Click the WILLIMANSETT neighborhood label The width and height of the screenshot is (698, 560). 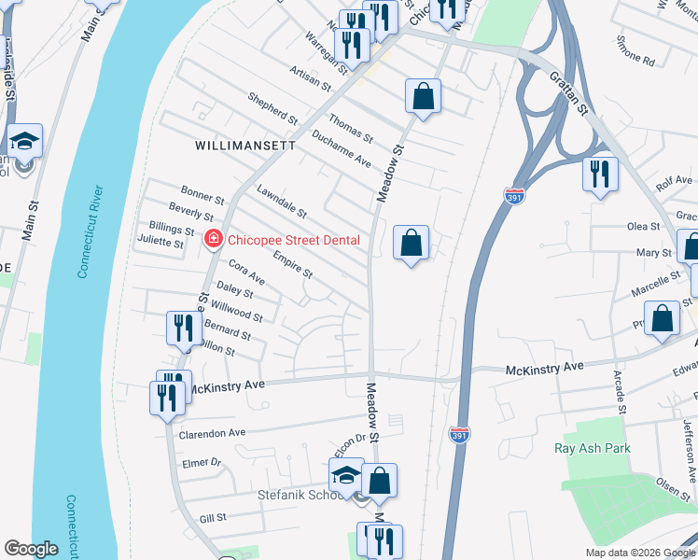[x=245, y=147]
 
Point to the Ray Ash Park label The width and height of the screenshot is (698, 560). [x=592, y=449]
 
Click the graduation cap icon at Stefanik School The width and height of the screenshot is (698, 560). [x=346, y=473]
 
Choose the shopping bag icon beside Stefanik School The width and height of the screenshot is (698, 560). [x=380, y=481]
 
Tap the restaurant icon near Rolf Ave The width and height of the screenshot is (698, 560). [x=599, y=174]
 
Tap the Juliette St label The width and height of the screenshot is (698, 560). [x=161, y=242]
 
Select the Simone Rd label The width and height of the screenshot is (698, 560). [x=635, y=50]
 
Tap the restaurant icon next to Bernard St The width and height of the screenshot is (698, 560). [x=183, y=329]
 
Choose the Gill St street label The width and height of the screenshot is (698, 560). [x=214, y=517]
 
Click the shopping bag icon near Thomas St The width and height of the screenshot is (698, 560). [x=423, y=96]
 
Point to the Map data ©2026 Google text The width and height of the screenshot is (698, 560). [x=640, y=553]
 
